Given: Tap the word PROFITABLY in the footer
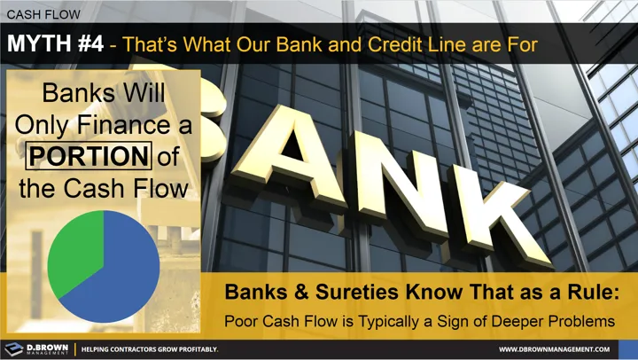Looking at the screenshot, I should [x=193, y=349].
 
